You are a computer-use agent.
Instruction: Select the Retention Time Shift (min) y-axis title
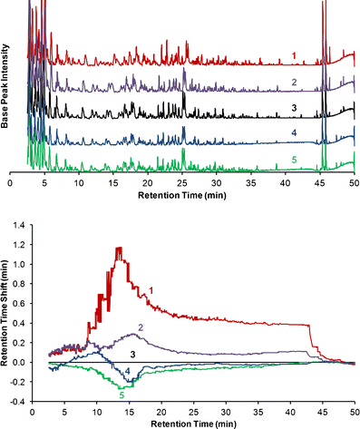(8, 313)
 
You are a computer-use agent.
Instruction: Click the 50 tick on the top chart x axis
(354, 182)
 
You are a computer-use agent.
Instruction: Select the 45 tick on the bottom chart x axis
(319, 409)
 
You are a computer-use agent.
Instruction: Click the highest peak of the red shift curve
(118, 249)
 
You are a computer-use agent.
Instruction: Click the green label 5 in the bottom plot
(122, 395)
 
